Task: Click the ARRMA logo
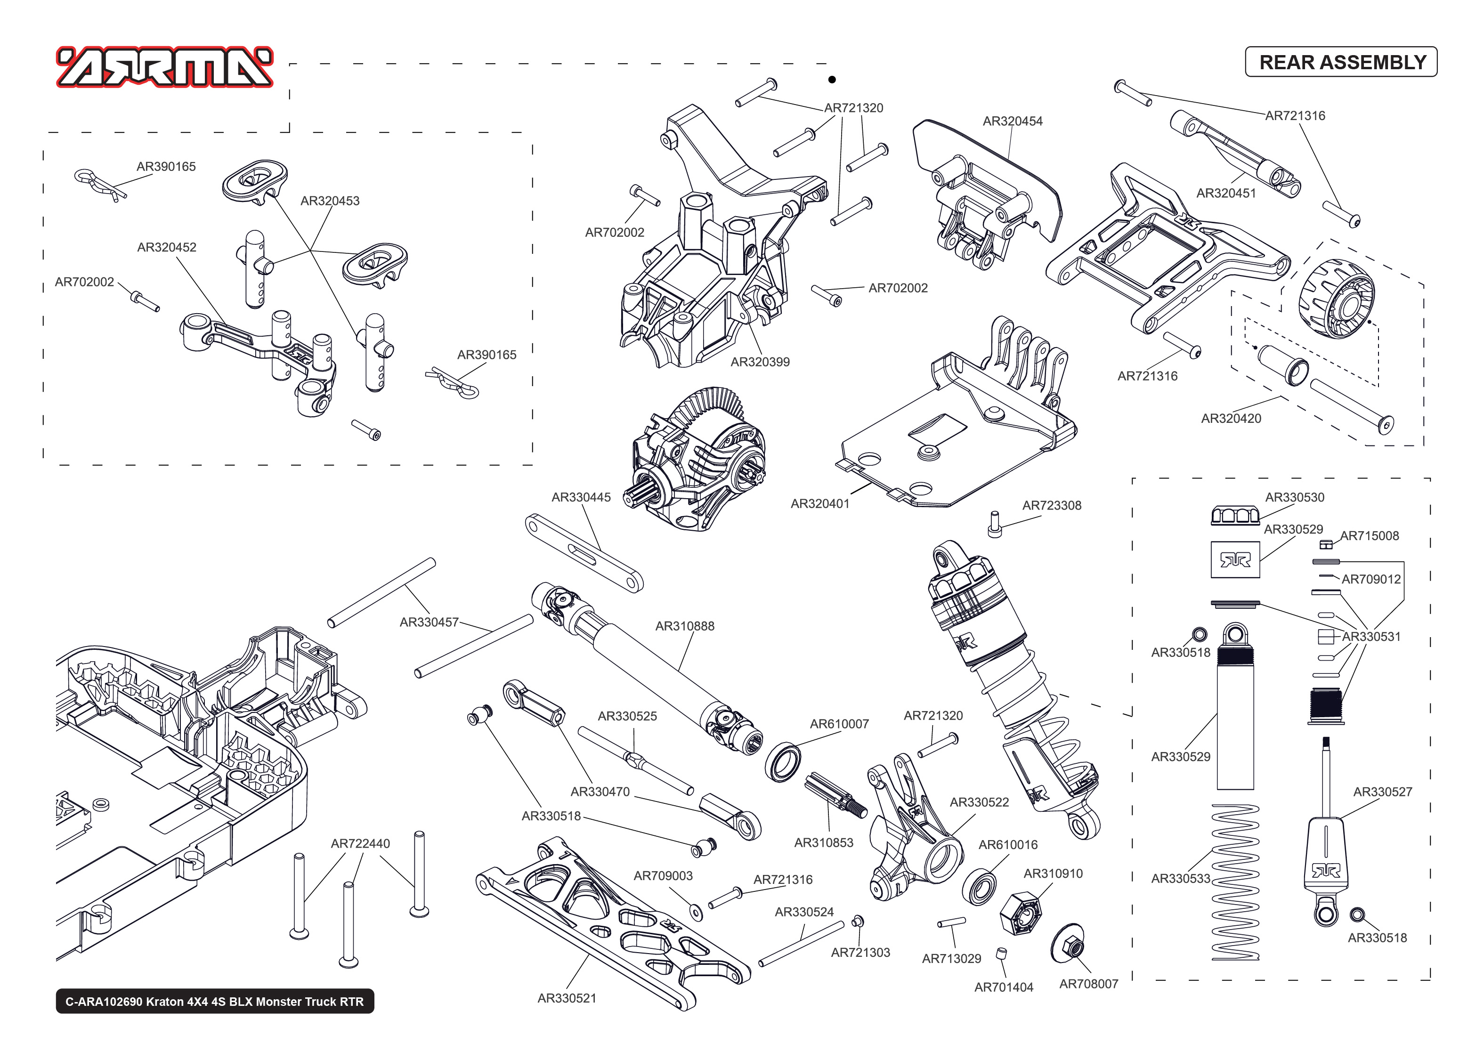[164, 67]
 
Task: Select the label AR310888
[685, 626]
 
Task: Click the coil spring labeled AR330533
[1235, 882]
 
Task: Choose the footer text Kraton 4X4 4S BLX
[215, 1001]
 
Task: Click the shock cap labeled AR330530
[1235, 516]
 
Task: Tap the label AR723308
[1051, 506]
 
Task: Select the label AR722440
[360, 843]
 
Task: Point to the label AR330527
[1382, 792]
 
